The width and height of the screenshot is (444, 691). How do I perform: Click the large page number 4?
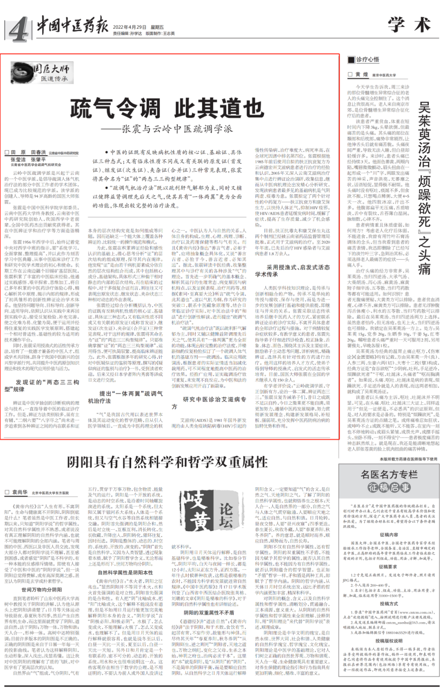(18, 30)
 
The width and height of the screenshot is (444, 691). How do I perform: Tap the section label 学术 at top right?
(409, 25)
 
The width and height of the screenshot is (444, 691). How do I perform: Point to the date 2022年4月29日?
(129, 27)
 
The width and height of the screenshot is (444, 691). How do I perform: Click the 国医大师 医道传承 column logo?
(41, 73)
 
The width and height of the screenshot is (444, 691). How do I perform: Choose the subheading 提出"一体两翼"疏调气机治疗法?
(125, 397)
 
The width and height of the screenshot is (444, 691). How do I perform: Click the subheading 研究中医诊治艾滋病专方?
(209, 402)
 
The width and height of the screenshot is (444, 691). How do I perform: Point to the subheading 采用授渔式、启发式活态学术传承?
(292, 271)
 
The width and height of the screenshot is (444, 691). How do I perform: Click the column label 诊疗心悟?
(367, 60)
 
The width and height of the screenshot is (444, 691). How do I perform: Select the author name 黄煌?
(361, 75)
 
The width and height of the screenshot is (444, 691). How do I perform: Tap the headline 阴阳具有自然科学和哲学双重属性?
(167, 462)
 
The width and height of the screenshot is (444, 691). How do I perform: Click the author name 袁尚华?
(19, 492)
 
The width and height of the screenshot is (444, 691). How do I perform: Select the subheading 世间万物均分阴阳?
(42, 590)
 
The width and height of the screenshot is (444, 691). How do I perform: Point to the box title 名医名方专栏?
(389, 475)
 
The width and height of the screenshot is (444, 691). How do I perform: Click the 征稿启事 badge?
(389, 487)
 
